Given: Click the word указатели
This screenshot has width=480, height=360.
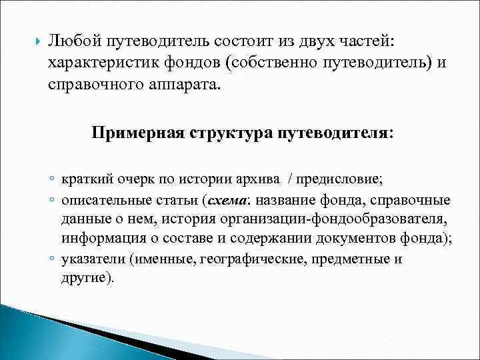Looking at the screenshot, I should point(91,259).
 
